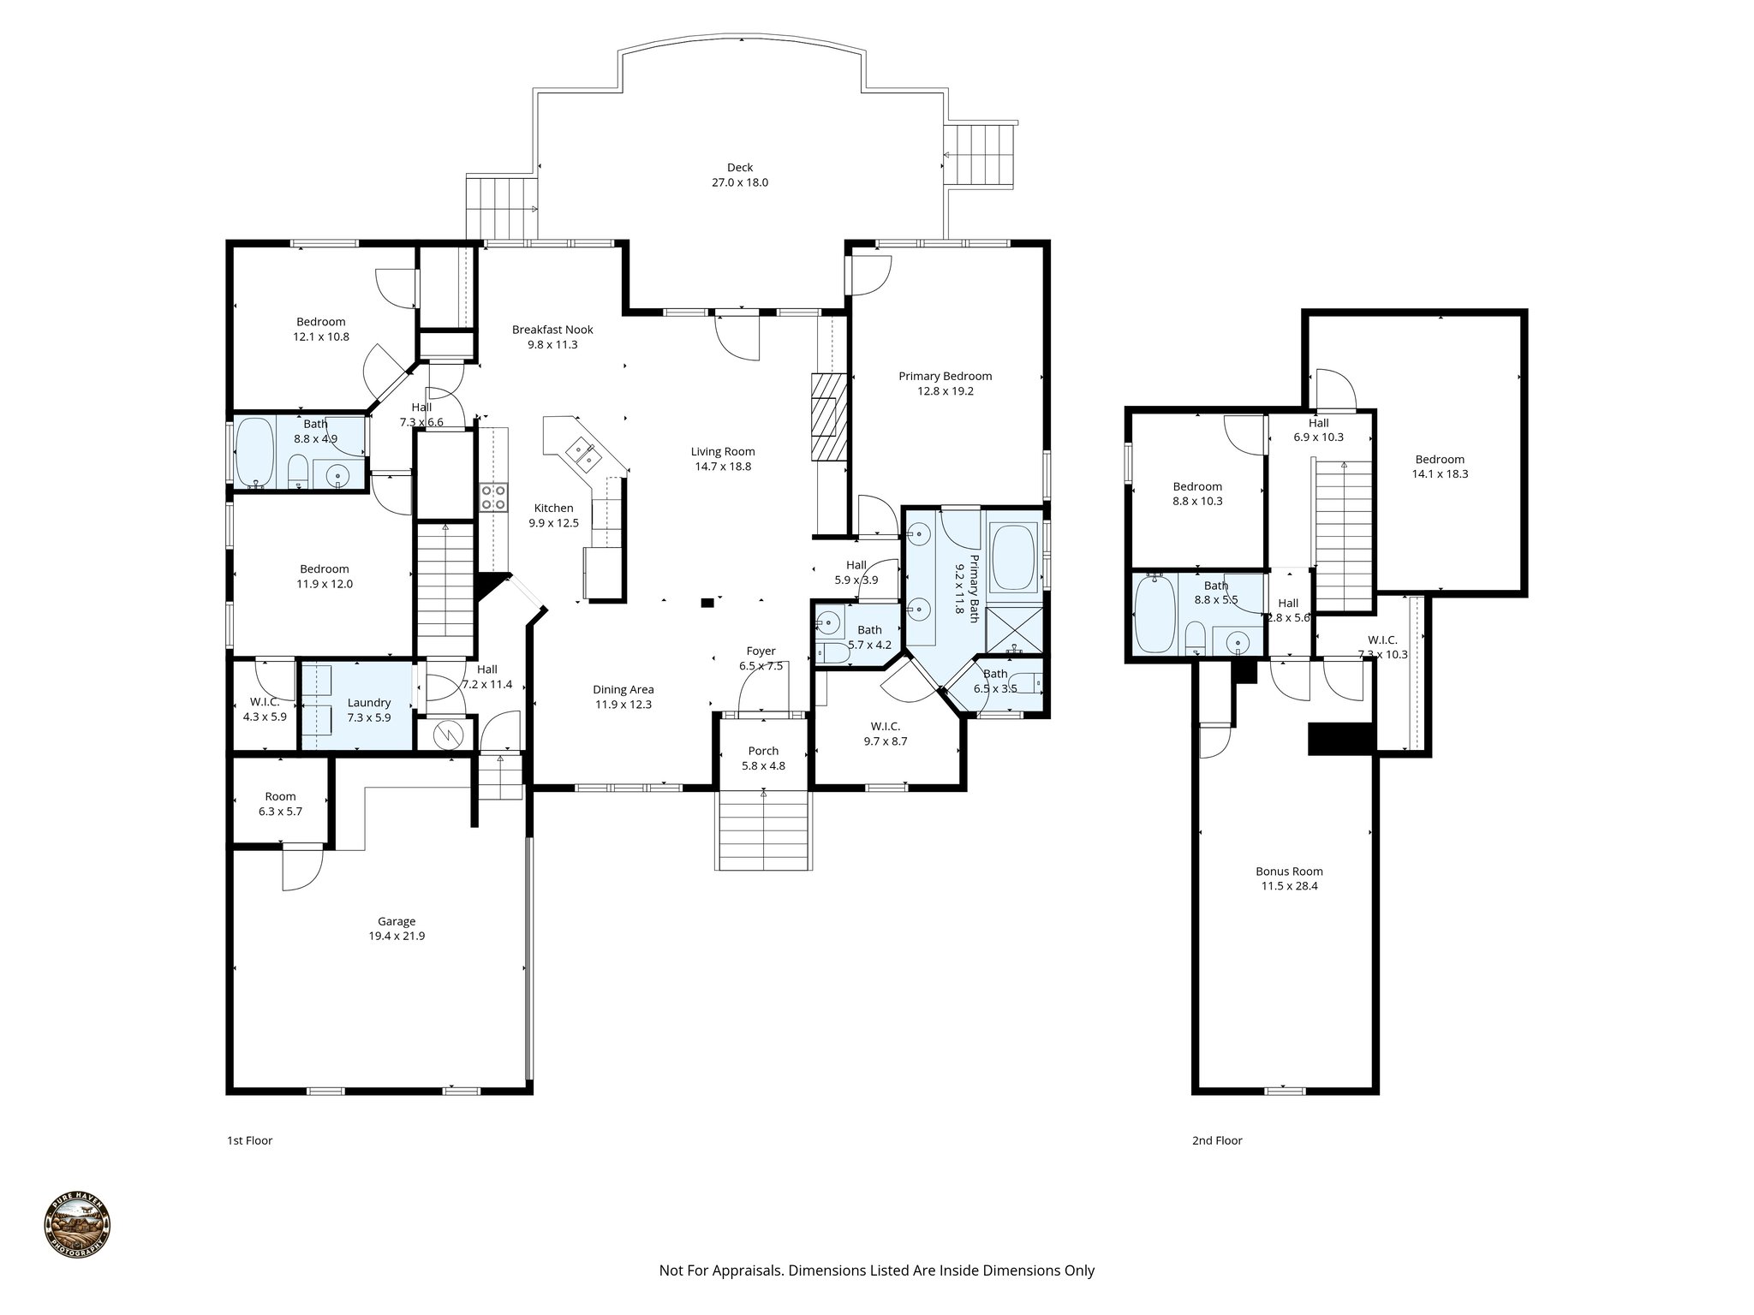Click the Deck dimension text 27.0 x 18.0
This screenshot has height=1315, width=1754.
[740, 182]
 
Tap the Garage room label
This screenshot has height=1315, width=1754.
[397, 921]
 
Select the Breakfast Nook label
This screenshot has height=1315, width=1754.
[552, 330]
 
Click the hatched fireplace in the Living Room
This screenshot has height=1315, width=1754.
[828, 417]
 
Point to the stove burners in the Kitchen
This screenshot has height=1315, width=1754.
[493, 497]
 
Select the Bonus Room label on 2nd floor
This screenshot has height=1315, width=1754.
[1289, 872]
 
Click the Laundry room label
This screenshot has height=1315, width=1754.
[369, 703]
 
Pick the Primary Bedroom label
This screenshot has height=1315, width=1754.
[945, 376]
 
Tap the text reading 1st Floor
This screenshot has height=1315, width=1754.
[249, 1140]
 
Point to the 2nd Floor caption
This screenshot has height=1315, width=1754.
[1216, 1140]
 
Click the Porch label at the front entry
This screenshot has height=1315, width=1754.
[763, 751]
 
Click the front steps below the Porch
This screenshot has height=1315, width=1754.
[763, 830]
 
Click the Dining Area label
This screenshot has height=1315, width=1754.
[623, 689]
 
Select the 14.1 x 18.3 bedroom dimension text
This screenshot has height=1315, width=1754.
[1440, 473]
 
